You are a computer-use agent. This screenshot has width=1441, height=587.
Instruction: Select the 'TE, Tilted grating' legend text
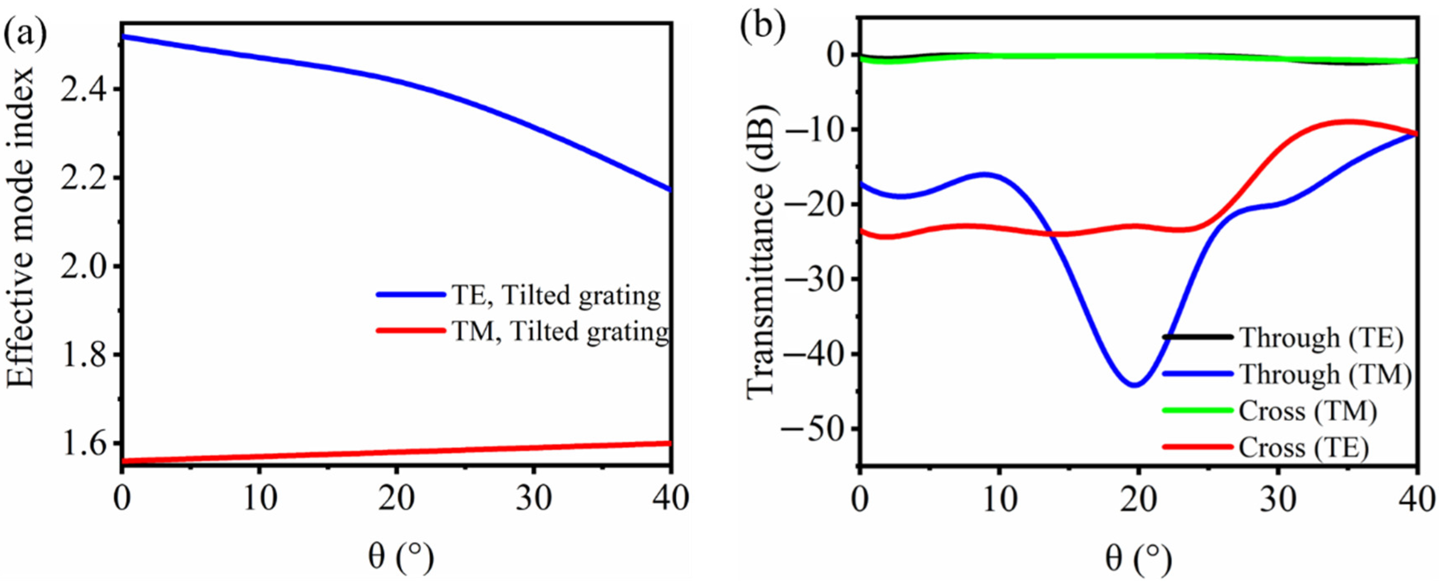click(555, 295)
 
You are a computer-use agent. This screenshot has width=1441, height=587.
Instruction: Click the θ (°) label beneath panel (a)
click(400, 560)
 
